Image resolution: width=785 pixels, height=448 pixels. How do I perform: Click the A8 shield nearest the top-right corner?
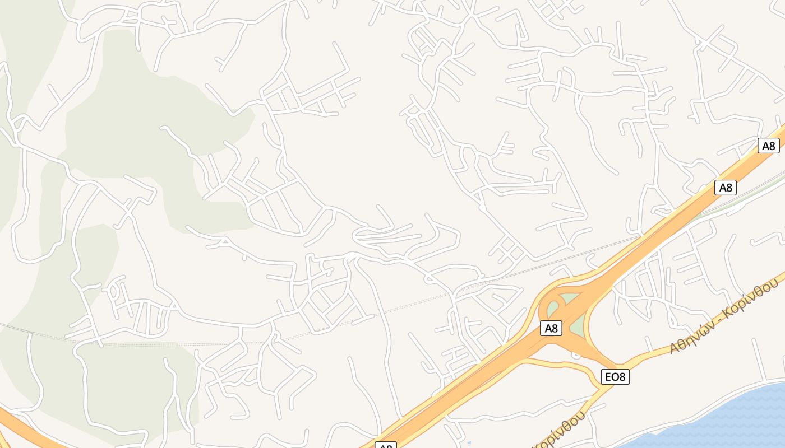pyautogui.click(x=768, y=146)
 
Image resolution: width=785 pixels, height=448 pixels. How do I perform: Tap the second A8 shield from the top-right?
pyautogui.click(x=726, y=188)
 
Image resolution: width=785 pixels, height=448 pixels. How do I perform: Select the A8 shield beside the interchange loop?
pyautogui.click(x=551, y=328)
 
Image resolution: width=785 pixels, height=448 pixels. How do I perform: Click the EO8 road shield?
pyautogui.click(x=615, y=377)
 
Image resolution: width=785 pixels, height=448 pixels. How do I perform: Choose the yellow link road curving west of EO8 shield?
pyautogui.click(x=561, y=365)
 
